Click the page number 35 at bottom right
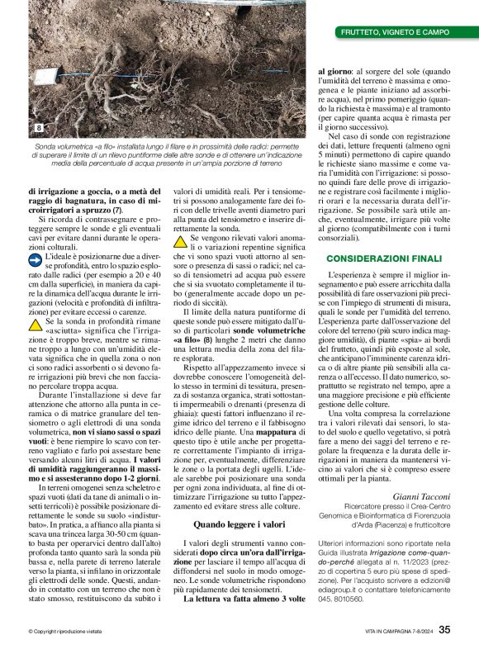[x=444, y=629]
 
